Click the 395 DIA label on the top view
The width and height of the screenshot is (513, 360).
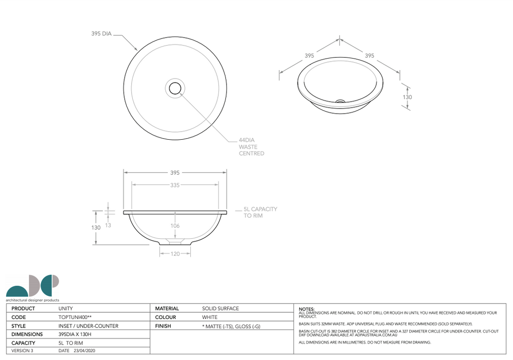pos(101,34)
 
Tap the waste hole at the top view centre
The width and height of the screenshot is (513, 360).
pos(175,88)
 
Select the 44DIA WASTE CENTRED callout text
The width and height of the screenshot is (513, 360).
pos(251,147)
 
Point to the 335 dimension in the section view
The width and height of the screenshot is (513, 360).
pos(174,185)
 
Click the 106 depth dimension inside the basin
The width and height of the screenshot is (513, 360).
pos(175,226)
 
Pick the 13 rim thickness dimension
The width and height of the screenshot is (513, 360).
pos(108,225)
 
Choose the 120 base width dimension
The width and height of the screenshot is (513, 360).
pos(175,253)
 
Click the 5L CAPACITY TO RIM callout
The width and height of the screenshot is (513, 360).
pos(260,212)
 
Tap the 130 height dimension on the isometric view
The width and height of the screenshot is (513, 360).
pos(407,97)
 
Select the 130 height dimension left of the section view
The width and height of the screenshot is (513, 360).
pos(96,227)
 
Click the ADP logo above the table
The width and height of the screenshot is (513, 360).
pos(33,287)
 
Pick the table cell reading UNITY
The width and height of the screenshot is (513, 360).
pos(66,308)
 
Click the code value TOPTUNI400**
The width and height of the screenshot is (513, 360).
pos(76,317)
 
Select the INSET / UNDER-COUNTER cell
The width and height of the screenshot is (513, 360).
pos(88,326)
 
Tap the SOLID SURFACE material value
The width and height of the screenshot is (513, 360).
pos(220,308)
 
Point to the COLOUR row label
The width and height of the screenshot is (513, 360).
pos(165,317)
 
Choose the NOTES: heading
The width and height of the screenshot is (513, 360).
pos(307,309)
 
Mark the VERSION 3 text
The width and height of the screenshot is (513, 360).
pos(22,351)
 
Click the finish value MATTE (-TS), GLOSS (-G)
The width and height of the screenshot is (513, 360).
pos(231,326)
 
